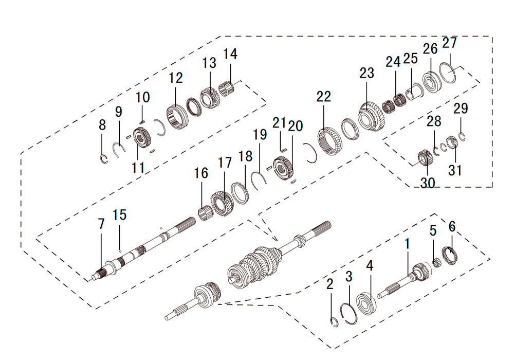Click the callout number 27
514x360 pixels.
[449, 43]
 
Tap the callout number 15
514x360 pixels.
[119, 215]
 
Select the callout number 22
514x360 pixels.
[323, 97]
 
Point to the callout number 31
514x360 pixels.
[455, 170]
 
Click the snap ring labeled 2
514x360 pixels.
[334, 322]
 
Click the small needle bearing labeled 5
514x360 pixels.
[436, 263]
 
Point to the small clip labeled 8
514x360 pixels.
[104, 159]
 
